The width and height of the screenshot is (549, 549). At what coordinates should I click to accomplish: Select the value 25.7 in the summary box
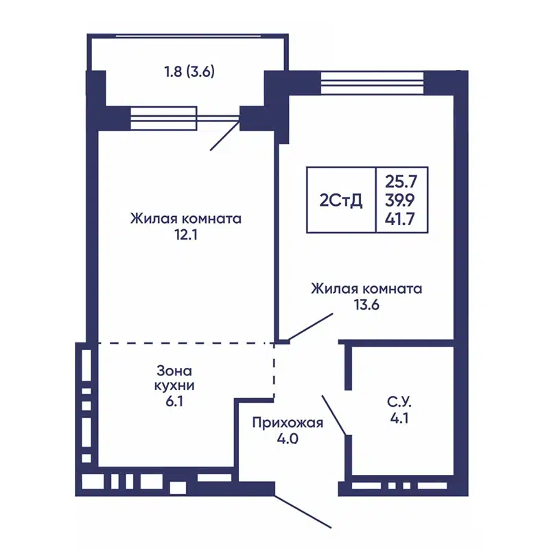point(402,182)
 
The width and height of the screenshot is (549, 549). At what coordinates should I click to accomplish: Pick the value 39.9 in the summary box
point(402,200)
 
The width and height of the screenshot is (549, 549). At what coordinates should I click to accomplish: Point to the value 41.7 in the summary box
point(402,219)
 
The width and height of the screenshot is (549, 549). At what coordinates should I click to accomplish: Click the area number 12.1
point(186,235)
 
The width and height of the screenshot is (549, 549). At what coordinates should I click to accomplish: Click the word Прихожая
point(287,423)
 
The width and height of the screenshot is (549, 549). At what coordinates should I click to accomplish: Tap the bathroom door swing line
point(334,414)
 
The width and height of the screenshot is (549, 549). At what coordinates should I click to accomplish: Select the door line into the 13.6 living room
point(311,327)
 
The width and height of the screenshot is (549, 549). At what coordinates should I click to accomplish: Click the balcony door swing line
point(225,135)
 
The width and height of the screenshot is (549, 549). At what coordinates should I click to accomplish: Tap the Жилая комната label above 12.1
point(186,219)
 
